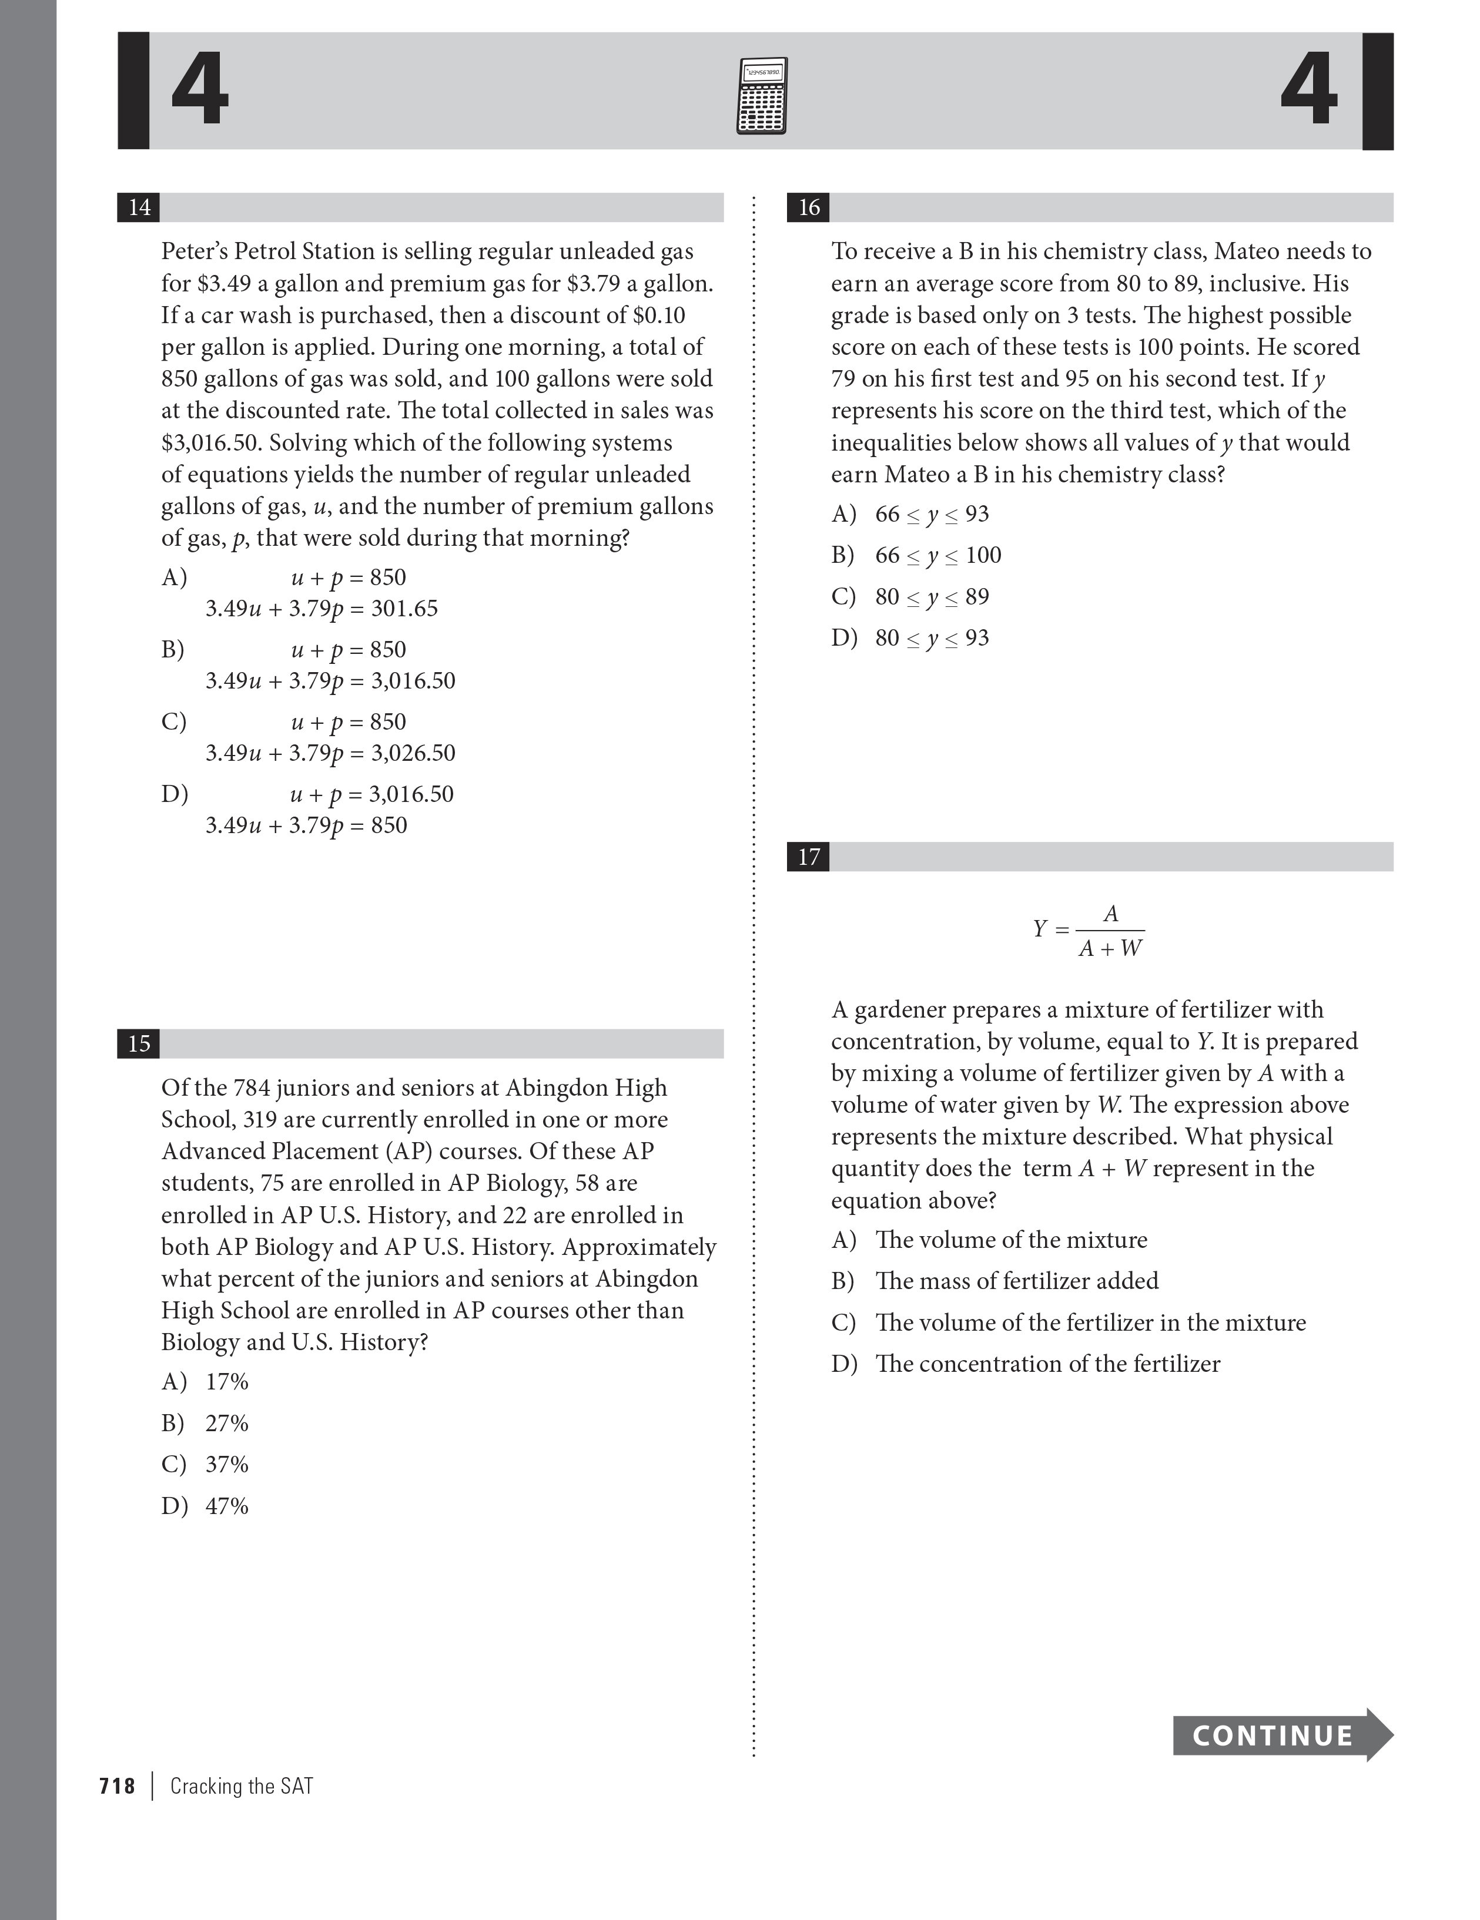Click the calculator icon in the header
pyautogui.click(x=762, y=95)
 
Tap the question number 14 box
pyautogui.click(x=139, y=207)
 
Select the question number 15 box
pyautogui.click(x=139, y=1043)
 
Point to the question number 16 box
pyautogui.click(x=808, y=207)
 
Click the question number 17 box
pyautogui.click(x=808, y=857)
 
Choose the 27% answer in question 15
pyautogui.click(x=227, y=1424)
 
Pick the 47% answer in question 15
pyautogui.click(x=227, y=1506)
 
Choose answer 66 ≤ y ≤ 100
pyautogui.click(x=937, y=556)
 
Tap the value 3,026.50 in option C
pyautogui.click(x=413, y=753)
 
